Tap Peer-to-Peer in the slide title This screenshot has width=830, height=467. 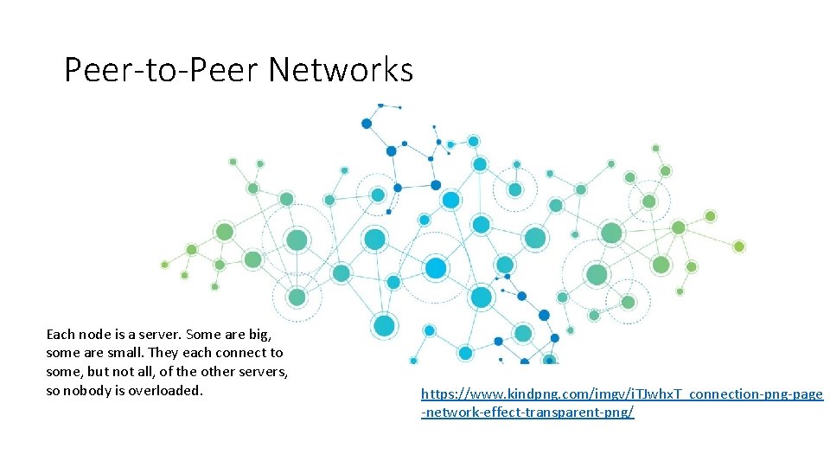(162, 70)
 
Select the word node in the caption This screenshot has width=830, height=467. (95, 334)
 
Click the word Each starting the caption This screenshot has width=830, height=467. (61, 334)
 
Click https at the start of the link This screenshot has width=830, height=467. (439, 393)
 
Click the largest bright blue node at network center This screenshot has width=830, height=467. (436, 268)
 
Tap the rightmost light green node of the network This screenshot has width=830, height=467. (738, 246)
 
